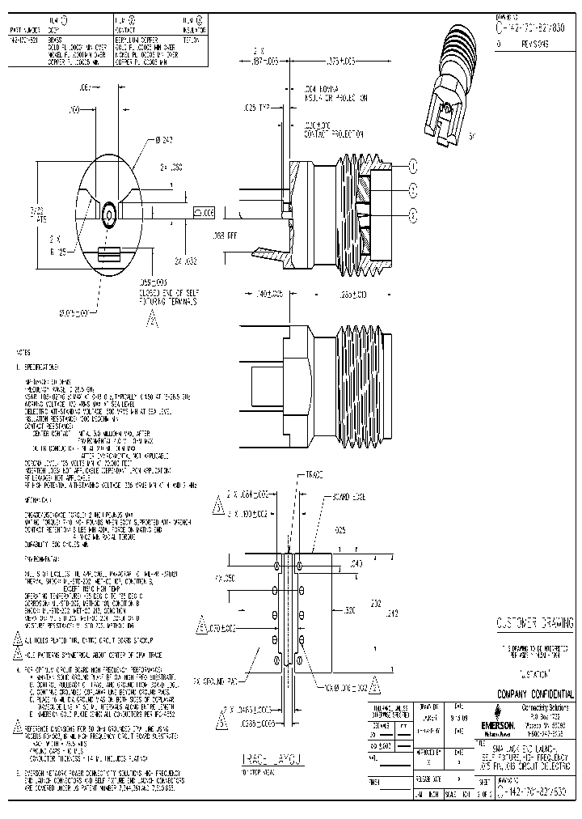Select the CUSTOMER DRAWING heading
534,623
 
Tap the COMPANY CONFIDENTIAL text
534,694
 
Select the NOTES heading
24,354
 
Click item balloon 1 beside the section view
412,167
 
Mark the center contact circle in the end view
108,212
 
